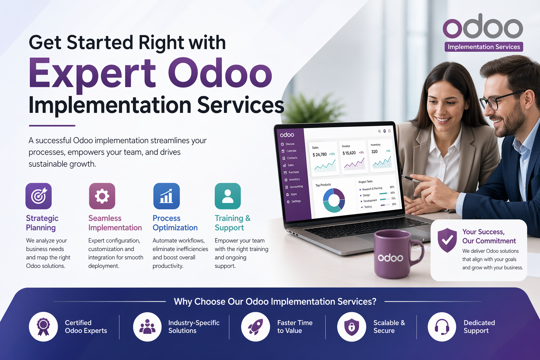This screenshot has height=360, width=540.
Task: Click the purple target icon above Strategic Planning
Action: pyautogui.click(x=39, y=196)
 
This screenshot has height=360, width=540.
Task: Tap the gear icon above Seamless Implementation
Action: pyautogui.click(x=102, y=196)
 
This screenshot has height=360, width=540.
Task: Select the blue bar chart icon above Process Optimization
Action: pyautogui.click(x=167, y=196)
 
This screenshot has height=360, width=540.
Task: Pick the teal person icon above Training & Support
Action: pyautogui.click(x=228, y=196)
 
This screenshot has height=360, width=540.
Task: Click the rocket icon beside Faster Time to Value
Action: pyautogui.click(x=256, y=327)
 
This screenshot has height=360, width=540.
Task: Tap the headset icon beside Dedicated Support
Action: pyautogui.click(x=442, y=327)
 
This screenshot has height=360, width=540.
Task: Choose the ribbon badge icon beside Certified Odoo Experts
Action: pyautogui.click(x=43, y=327)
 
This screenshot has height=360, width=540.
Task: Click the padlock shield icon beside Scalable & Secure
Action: pyautogui.click(x=352, y=327)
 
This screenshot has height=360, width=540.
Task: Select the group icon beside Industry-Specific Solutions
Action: pyautogui.click(x=147, y=327)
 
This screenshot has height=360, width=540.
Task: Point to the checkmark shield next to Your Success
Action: pyautogui.click(x=447, y=240)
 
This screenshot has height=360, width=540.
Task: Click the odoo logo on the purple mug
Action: pyautogui.click(x=390, y=258)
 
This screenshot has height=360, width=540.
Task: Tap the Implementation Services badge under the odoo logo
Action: pyautogui.click(x=484, y=47)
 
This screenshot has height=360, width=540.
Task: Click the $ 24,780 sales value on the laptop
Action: pyautogui.click(x=320, y=155)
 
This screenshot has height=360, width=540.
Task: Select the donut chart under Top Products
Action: pyautogui.click(x=334, y=200)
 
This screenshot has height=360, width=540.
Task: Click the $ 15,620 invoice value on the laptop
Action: pyautogui.click(x=349, y=153)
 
